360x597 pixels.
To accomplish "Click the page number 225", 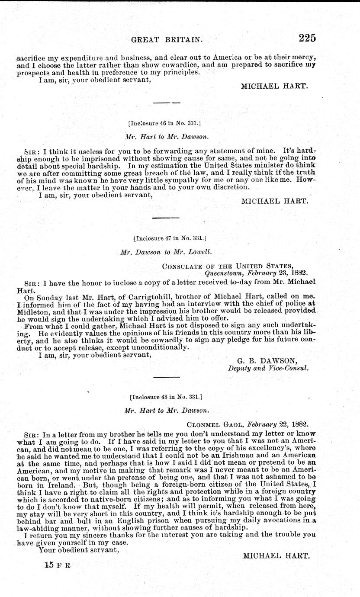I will click(307, 38).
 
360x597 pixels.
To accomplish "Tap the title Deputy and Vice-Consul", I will click(268, 368).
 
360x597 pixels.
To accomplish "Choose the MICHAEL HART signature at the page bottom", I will click(275, 555).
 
